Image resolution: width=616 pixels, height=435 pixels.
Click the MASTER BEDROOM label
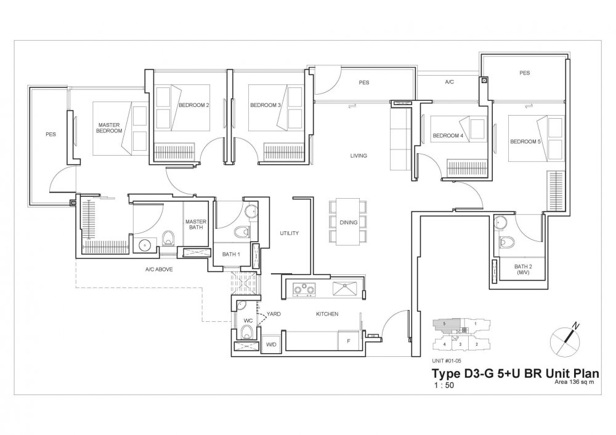click(x=110, y=128)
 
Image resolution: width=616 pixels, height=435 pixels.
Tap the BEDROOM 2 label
click(x=193, y=105)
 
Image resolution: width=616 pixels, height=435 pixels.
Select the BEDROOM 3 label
click(x=265, y=105)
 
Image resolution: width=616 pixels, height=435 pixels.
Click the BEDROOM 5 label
click(x=525, y=142)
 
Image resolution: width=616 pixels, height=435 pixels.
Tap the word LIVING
click(x=359, y=156)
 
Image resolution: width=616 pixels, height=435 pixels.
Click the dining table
click(x=347, y=221)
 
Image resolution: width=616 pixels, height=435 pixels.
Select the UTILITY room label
click(x=289, y=233)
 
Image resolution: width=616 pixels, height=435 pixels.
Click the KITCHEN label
click(x=327, y=314)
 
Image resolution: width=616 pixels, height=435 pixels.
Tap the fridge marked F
click(x=348, y=340)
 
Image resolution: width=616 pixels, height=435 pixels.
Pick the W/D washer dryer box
click(x=271, y=345)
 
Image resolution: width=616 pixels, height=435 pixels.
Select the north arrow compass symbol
click(x=565, y=337)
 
